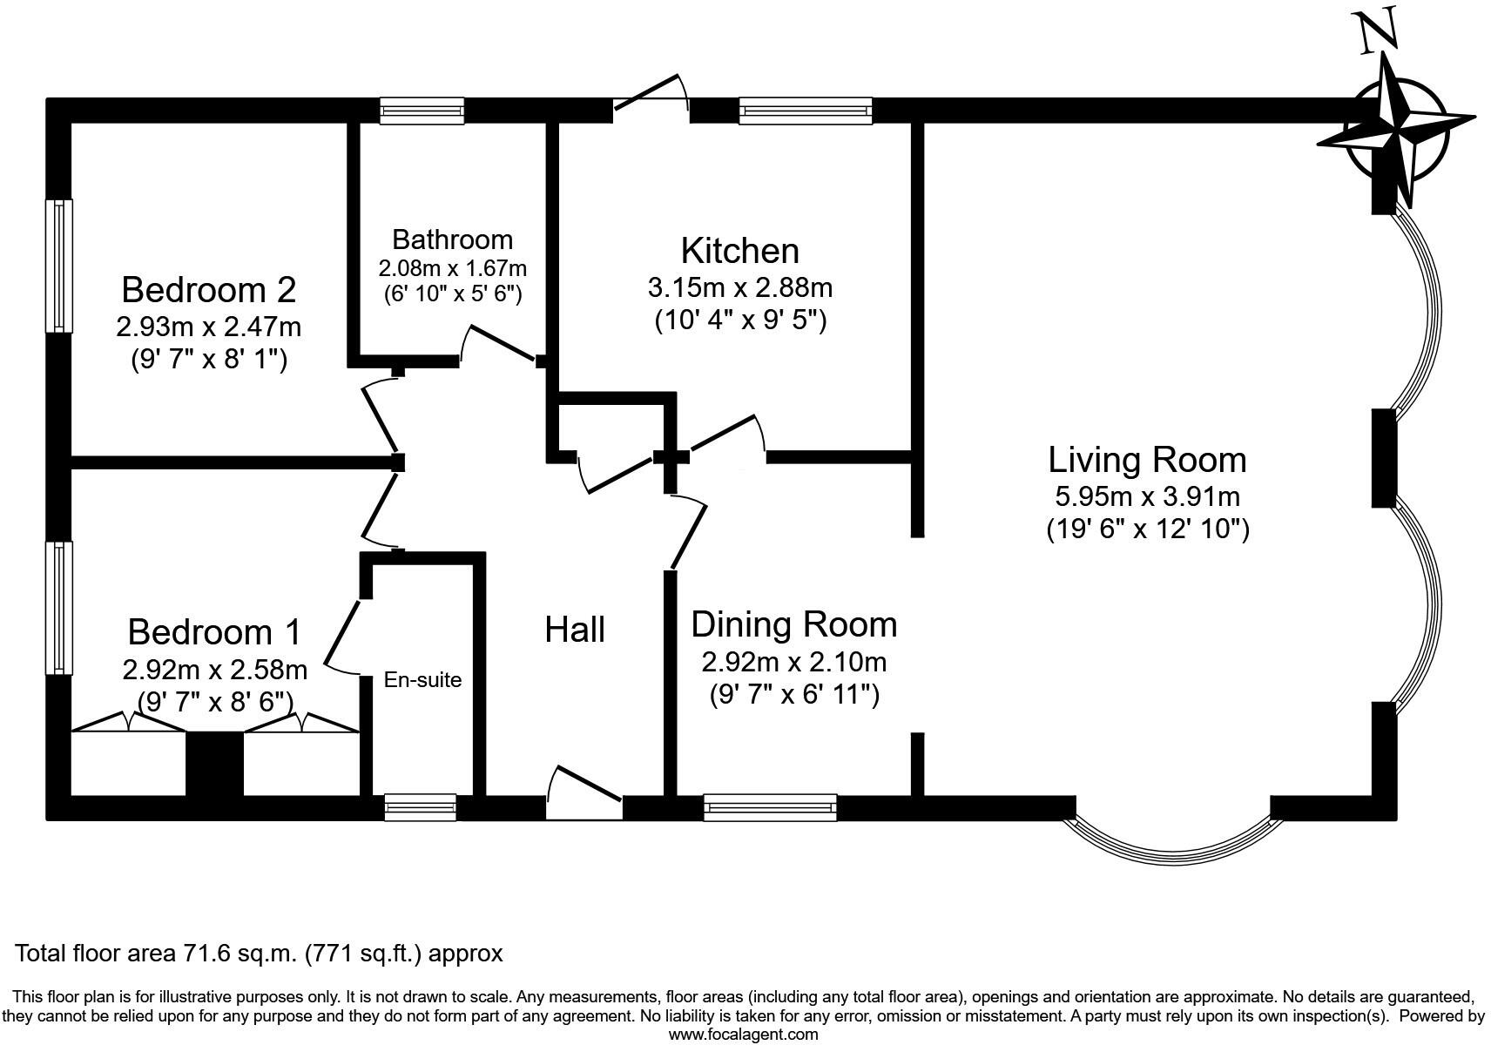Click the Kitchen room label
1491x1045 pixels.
(739, 251)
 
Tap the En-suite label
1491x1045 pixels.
(422, 679)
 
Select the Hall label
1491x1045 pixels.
(575, 630)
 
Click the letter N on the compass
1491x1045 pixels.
(1379, 30)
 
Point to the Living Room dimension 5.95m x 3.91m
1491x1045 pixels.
(1147, 496)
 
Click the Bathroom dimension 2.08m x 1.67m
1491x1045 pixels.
(452, 267)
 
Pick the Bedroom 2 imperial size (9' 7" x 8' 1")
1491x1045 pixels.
(208, 359)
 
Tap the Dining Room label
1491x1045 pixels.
(793, 624)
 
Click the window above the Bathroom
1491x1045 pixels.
(422, 111)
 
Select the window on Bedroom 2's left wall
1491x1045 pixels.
(58, 266)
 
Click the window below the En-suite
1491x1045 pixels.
(421, 807)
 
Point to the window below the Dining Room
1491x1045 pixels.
(770, 807)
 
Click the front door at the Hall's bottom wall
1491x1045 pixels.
(584, 794)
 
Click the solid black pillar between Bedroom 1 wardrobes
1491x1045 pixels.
(214, 763)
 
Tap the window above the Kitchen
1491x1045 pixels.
(805, 111)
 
